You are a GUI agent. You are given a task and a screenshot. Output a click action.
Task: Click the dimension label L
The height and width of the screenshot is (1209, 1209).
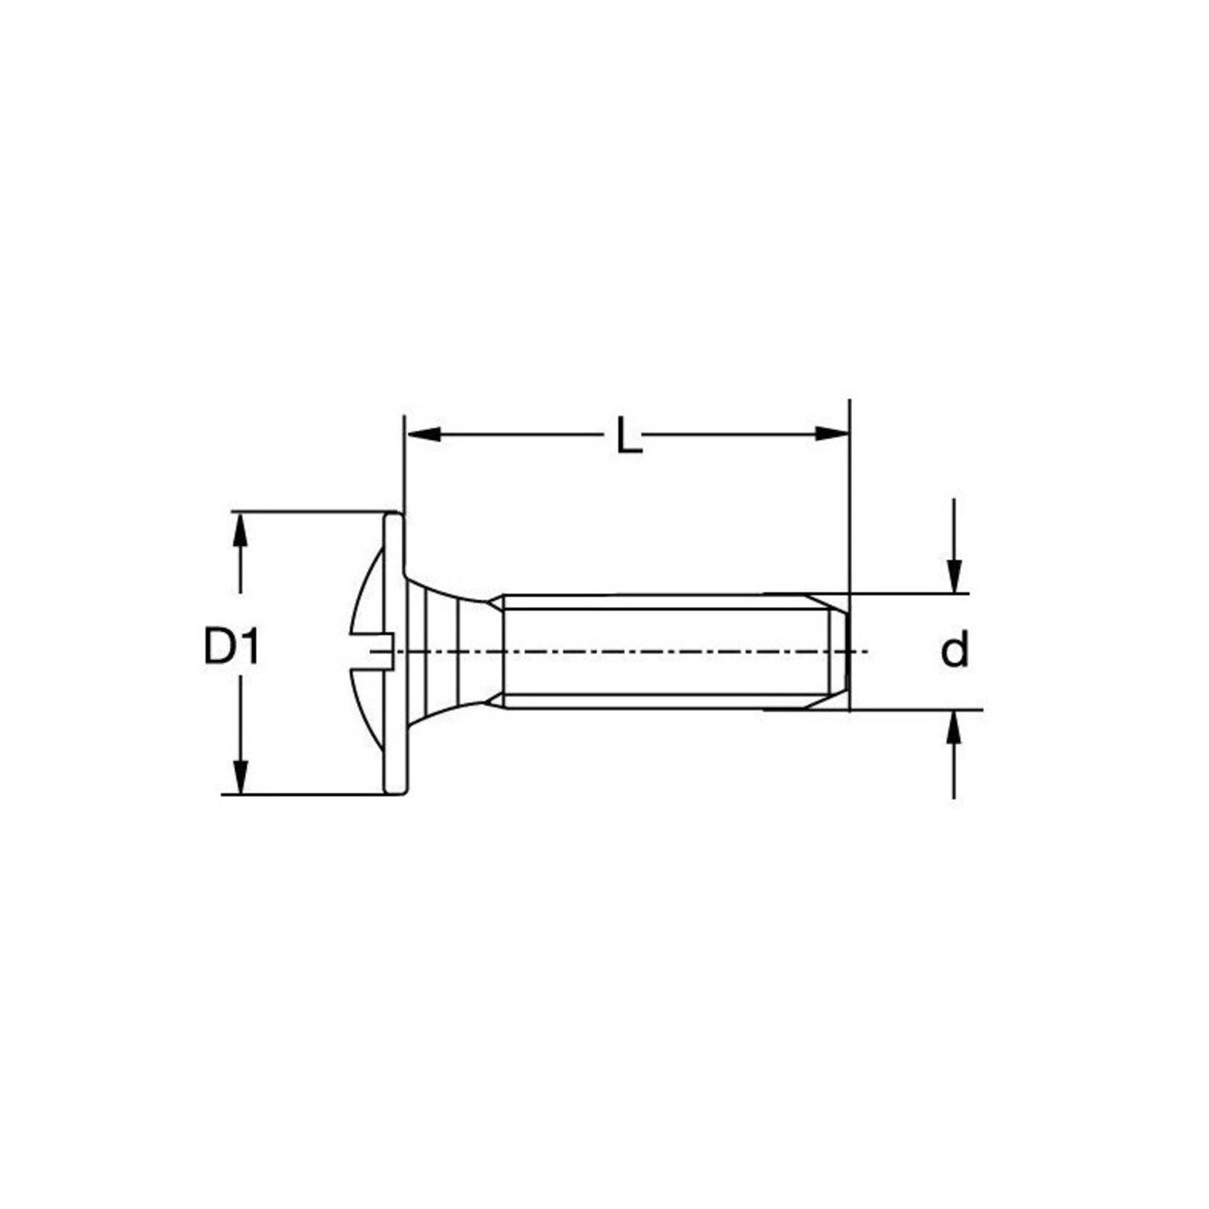click(x=629, y=435)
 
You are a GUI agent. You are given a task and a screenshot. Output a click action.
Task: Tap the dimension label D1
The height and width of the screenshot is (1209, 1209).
click(x=231, y=649)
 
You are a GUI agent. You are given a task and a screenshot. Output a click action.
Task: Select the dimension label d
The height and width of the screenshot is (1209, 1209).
click(x=955, y=651)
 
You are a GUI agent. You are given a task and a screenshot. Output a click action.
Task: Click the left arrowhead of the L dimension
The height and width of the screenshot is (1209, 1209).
click(x=423, y=434)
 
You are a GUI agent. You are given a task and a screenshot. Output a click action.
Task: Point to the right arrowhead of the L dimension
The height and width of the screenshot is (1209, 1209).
click(x=831, y=434)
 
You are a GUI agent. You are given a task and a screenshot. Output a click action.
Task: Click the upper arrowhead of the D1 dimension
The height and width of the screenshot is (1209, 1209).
click(x=241, y=528)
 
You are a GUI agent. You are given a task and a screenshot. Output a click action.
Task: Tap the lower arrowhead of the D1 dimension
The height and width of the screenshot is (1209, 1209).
click(x=241, y=777)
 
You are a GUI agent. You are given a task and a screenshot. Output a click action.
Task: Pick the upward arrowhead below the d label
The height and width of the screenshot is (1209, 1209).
click(x=954, y=726)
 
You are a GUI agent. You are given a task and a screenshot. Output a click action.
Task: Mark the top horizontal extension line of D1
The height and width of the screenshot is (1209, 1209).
click(x=312, y=512)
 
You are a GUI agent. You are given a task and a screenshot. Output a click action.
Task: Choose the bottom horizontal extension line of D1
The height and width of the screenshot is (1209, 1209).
click(x=305, y=795)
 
